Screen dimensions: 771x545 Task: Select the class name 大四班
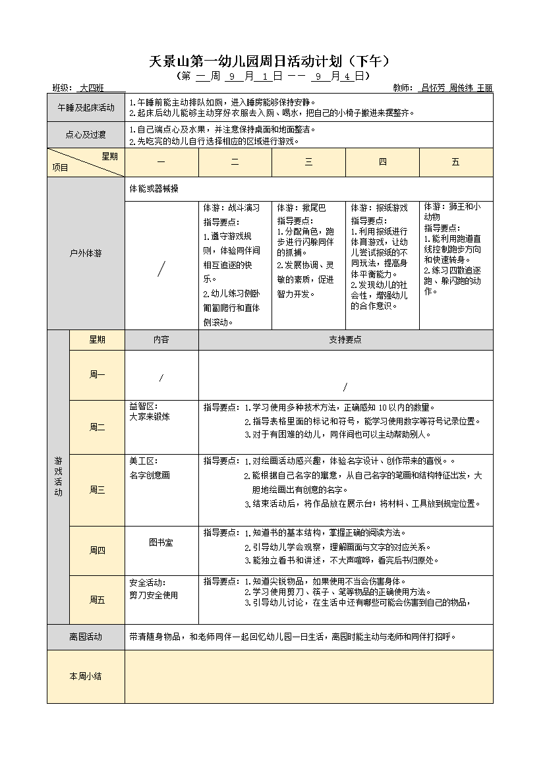pyautogui.click(x=92, y=88)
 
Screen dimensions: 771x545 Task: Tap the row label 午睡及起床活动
pyautogui.click(x=86, y=107)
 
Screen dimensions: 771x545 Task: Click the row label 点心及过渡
pyautogui.click(x=86, y=135)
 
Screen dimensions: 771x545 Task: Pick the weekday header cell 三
pyautogui.click(x=308, y=163)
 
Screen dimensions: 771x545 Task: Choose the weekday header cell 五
pyautogui.click(x=455, y=163)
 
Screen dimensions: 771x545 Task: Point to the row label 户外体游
pyautogui.click(x=86, y=253)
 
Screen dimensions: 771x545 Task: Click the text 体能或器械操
pyautogui.click(x=154, y=189)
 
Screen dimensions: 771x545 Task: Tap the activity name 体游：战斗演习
pyautogui.click(x=227, y=208)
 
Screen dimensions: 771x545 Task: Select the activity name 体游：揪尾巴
pyautogui.click(x=297, y=208)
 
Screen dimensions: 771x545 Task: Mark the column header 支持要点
pyautogui.click(x=345, y=340)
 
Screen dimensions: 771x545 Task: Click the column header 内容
pyautogui.click(x=161, y=340)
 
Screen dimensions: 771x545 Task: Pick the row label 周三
pyautogui.click(x=97, y=490)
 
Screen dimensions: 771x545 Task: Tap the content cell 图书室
pyautogui.click(x=161, y=542)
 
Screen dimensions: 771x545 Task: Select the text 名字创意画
pyautogui.click(x=150, y=475)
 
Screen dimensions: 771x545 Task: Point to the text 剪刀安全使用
pyautogui.click(x=154, y=595)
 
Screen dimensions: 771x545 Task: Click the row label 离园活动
pyautogui.click(x=86, y=637)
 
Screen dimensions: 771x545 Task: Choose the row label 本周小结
pyautogui.click(x=86, y=676)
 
